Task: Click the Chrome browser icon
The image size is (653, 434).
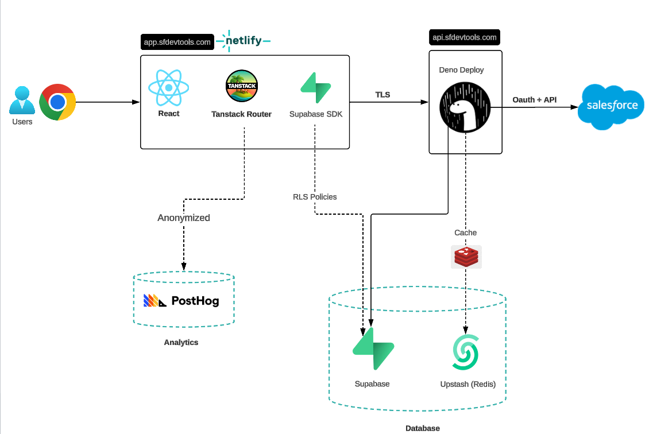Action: tap(57, 102)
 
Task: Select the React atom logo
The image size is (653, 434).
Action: tap(168, 88)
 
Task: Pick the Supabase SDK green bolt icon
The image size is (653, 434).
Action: tap(316, 88)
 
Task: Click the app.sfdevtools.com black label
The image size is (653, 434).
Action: tap(177, 42)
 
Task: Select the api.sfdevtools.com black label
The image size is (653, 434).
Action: tap(464, 37)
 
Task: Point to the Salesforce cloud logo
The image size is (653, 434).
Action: tap(612, 106)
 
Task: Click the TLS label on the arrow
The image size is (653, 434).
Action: tap(382, 95)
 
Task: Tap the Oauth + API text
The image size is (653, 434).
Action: tap(534, 100)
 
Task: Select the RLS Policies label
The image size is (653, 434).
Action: tap(315, 197)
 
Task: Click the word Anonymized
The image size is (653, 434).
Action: tap(184, 218)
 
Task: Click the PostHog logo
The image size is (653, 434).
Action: tap(181, 300)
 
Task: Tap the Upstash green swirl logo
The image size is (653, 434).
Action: tap(465, 352)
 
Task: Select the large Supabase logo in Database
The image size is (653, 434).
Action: tap(373, 349)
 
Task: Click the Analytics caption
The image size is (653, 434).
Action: tap(181, 342)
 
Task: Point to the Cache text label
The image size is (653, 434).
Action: tap(465, 232)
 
